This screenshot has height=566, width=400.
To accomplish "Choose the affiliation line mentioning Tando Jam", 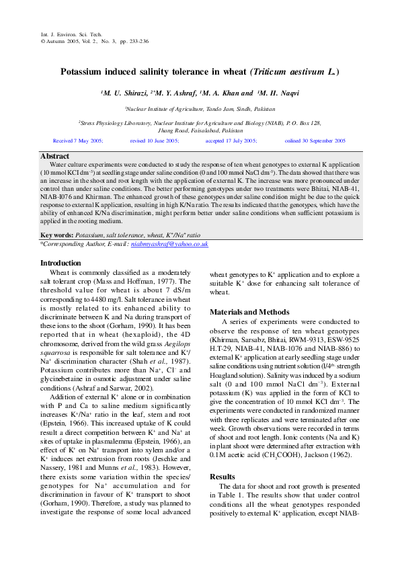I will pyautogui.click(x=200, y=108).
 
